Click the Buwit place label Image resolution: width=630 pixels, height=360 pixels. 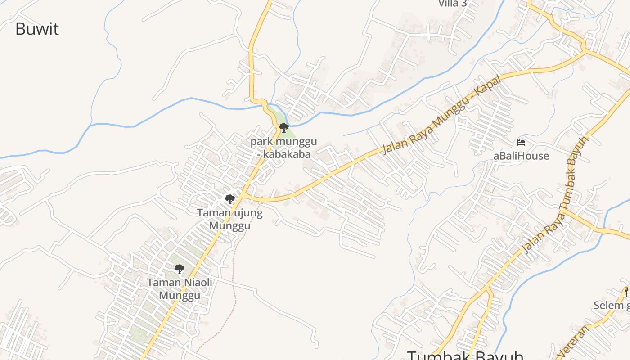(37, 29)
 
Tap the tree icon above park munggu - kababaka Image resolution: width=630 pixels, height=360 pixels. (283, 128)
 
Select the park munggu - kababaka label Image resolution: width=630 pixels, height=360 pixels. (283, 148)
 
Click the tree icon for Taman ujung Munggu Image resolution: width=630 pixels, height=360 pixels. (230, 199)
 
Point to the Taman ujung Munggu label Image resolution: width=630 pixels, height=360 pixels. (230, 219)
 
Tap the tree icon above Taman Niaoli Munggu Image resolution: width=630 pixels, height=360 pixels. (180, 269)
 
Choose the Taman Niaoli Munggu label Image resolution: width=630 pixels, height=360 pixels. (180, 289)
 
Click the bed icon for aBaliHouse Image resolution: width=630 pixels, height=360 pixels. (521, 143)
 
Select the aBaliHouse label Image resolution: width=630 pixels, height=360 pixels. (521, 156)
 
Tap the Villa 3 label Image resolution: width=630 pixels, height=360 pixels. (452, 4)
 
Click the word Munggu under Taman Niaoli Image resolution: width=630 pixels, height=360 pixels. (180, 296)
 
